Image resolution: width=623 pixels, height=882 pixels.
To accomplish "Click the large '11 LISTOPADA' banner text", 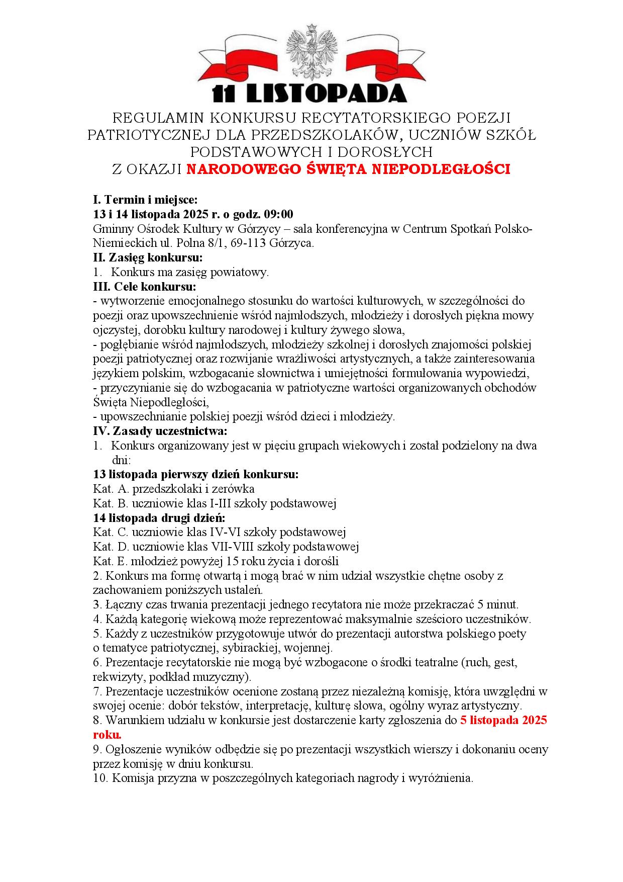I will [x=309, y=94].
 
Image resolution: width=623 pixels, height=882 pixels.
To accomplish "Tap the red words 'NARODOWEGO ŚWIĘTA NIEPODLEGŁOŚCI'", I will [x=348, y=169].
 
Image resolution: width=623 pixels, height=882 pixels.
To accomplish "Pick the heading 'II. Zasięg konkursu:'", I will [x=148, y=257].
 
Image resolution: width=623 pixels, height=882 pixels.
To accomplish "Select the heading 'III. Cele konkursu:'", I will [x=145, y=287].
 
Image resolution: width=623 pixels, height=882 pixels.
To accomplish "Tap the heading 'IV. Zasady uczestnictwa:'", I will [x=160, y=431].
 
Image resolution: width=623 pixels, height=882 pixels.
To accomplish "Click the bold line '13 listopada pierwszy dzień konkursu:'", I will [x=196, y=474].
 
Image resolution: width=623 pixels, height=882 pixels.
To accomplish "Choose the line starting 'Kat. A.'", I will [x=174, y=489].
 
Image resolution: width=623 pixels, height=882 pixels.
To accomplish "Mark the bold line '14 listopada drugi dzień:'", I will [x=159, y=518].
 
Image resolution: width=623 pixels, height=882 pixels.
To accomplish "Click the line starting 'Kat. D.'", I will [x=226, y=547].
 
